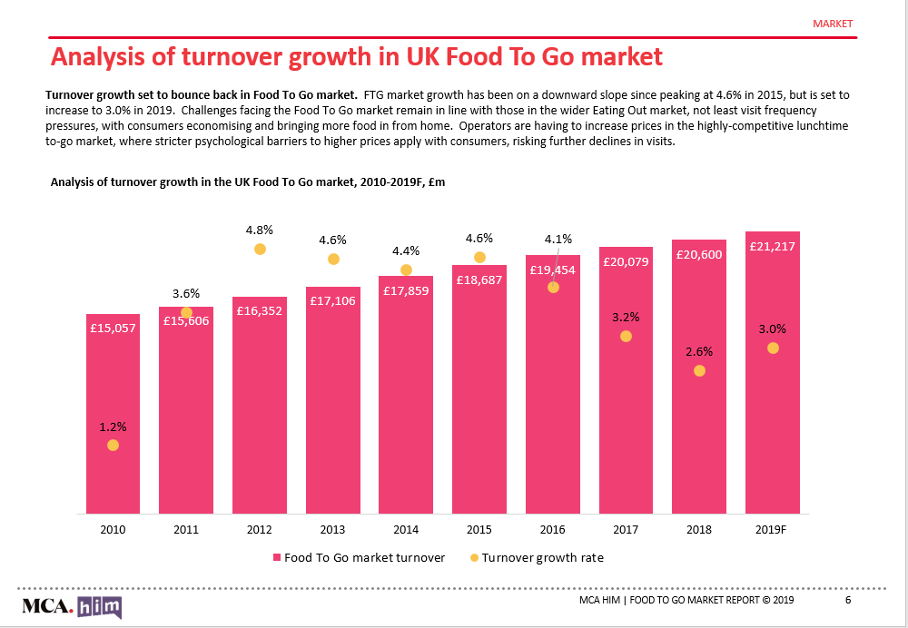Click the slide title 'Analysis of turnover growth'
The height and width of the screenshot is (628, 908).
click(x=356, y=57)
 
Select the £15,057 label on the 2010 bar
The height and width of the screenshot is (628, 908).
click(x=113, y=328)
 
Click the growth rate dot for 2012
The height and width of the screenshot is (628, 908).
click(x=260, y=249)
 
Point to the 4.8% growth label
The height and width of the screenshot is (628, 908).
click(x=260, y=229)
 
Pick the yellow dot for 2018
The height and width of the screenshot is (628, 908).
click(x=699, y=370)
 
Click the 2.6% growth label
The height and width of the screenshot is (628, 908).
click(x=699, y=351)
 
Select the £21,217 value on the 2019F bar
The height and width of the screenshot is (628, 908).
click(x=772, y=245)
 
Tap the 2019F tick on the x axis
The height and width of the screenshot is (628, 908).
click(x=772, y=529)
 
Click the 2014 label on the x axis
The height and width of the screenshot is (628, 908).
click(x=406, y=529)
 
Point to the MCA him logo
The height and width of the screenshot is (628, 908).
click(x=72, y=606)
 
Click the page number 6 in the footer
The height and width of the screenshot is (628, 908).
click(x=848, y=601)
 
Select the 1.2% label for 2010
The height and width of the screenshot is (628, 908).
click(x=113, y=426)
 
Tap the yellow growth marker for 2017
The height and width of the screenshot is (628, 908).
click(x=626, y=336)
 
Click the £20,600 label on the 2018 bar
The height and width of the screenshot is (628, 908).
click(x=699, y=254)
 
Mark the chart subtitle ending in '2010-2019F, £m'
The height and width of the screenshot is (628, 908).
click(x=248, y=182)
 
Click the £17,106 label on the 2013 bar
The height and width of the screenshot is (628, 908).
click(x=332, y=300)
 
